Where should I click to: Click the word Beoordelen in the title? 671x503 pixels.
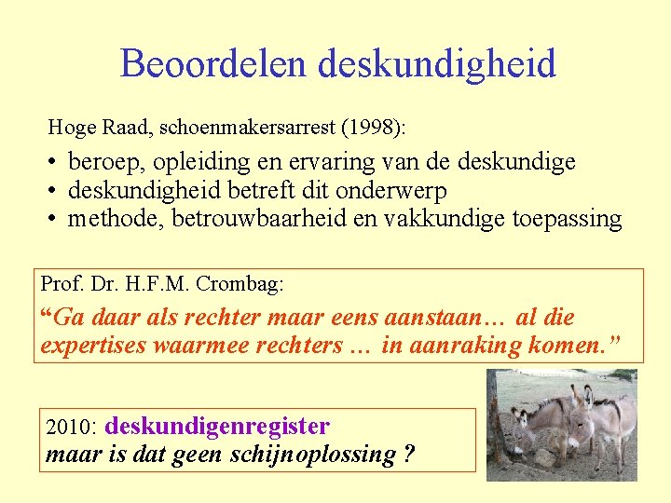click(213, 64)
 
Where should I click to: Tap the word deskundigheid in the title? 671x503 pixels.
click(436, 64)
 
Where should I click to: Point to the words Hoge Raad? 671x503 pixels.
click(87, 127)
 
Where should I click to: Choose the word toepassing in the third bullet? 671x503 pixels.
click(568, 220)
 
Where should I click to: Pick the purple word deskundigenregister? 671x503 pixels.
click(218, 427)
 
